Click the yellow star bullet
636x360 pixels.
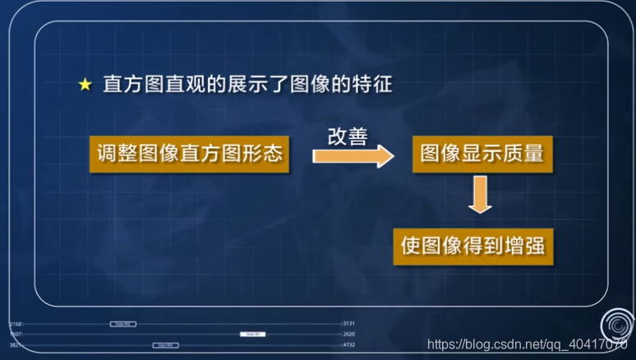(85, 85)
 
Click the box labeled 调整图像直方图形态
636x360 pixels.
(189, 155)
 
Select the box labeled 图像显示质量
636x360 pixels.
(482, 153)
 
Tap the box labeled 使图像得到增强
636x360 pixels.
(473, 246)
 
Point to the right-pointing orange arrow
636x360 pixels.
(353, 155)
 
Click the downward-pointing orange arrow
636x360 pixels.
(480, 196)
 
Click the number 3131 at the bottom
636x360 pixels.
(348, 324)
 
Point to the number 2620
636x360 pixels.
(348, 335)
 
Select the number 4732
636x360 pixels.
(348, 345)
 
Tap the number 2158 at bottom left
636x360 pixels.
(16, 324)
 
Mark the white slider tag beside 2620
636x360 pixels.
(252, 335)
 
